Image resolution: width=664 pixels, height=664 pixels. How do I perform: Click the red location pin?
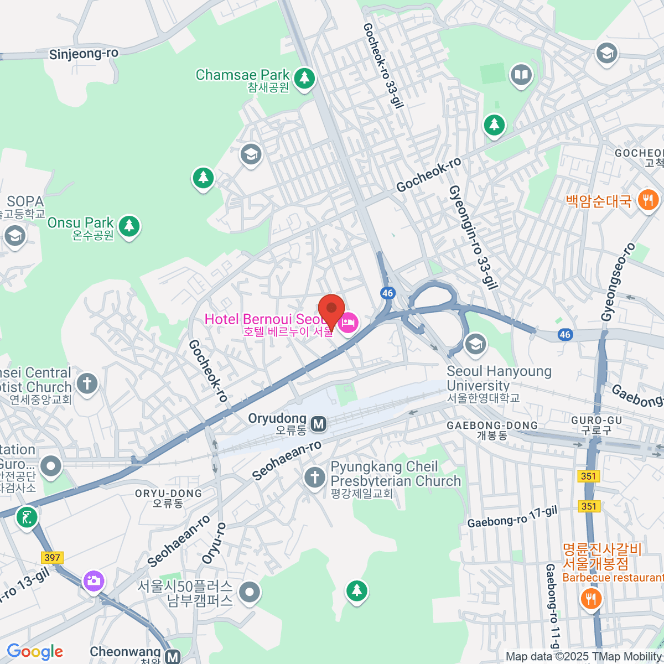[331, 310]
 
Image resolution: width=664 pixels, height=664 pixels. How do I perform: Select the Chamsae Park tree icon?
[303, 78]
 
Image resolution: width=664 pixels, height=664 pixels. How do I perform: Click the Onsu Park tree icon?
[129, 226]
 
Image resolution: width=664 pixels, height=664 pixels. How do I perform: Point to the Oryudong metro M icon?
[318, 424]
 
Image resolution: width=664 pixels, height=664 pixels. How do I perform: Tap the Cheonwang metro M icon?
[173, 657]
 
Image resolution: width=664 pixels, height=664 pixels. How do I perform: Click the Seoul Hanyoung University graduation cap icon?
[475, 344]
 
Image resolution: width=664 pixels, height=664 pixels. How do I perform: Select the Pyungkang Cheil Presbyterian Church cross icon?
[315, 477]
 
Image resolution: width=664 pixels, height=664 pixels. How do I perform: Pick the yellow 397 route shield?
[52, 557]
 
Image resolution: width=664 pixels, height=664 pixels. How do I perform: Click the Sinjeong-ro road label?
[84, 54]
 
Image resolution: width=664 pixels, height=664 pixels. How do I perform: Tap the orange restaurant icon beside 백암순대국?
[648, 200]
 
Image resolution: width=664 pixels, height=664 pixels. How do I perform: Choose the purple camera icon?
[94, 580]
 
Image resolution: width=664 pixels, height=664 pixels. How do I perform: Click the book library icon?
[521, 74]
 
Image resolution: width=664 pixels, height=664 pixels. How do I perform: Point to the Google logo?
[35, 652]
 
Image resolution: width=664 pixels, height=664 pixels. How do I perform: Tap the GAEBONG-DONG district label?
[492, 426]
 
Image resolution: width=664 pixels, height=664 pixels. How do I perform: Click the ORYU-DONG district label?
[168, 494]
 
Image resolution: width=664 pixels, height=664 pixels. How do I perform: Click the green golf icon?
[27, 517]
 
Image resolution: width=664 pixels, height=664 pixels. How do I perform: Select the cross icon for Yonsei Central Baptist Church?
[87, 383]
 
